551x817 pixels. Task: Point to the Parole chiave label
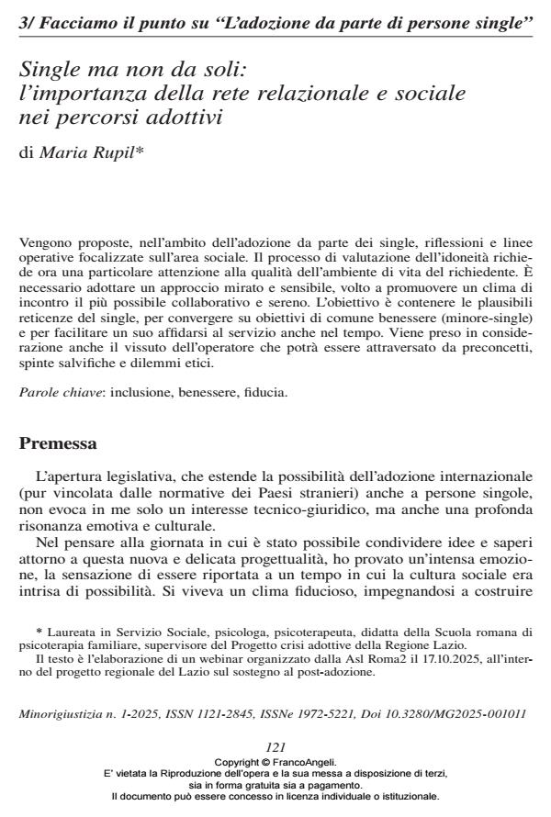click(51, 393)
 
